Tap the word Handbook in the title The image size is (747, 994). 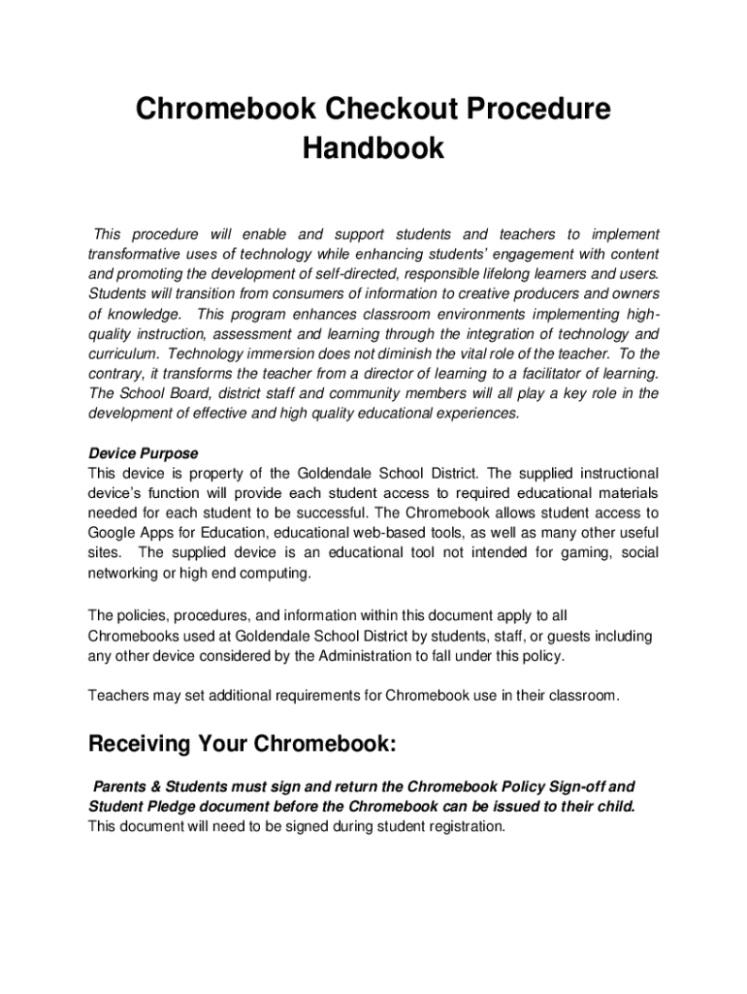[x=373, y=149]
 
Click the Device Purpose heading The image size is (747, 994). [x=144, y=453]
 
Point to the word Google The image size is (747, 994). [x=112, y=533]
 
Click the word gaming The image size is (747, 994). [x=575, y=552]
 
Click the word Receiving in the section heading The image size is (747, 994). [x=139, y=745]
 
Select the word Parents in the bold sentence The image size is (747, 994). [x=119, y=786]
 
